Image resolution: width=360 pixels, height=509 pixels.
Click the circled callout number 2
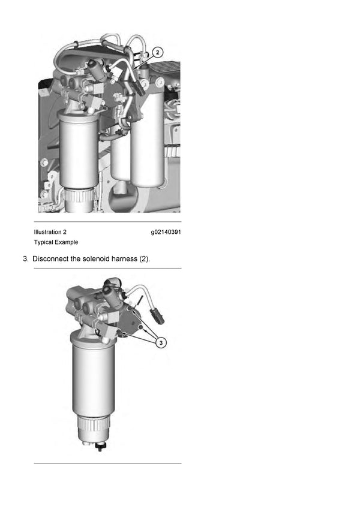click(x=157, y=53)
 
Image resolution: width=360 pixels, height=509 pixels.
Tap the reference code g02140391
click(x=166, y=231)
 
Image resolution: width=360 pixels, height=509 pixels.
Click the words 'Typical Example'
click(x=56, y=242)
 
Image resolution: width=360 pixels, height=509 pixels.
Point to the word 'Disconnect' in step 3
click(x=55, y=259)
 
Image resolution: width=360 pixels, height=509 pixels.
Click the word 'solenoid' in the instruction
click(x=106, y=259)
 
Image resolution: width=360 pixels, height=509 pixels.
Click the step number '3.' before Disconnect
click(x=26, y=259)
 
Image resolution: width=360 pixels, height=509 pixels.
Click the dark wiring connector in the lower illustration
click(x=158, y=316)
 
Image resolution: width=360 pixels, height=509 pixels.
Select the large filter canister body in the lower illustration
click(x=93, y=378)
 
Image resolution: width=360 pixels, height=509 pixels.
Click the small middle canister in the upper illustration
click(x=120, y=159)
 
